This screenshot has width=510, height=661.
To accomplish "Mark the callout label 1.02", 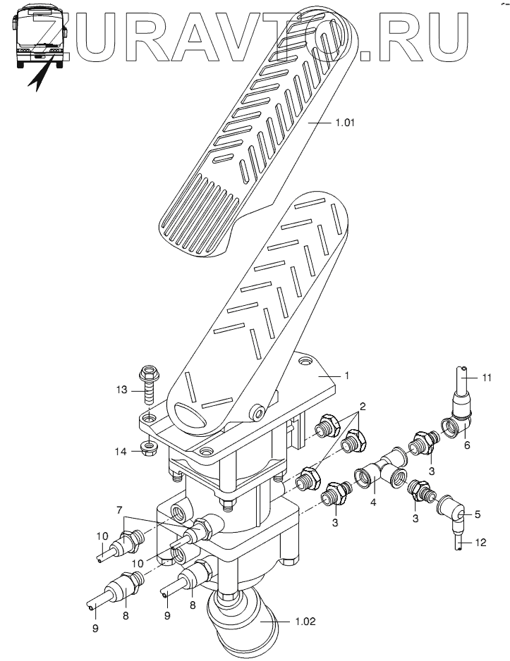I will (305, 623).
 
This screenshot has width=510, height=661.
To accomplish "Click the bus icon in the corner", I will (40, 36).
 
